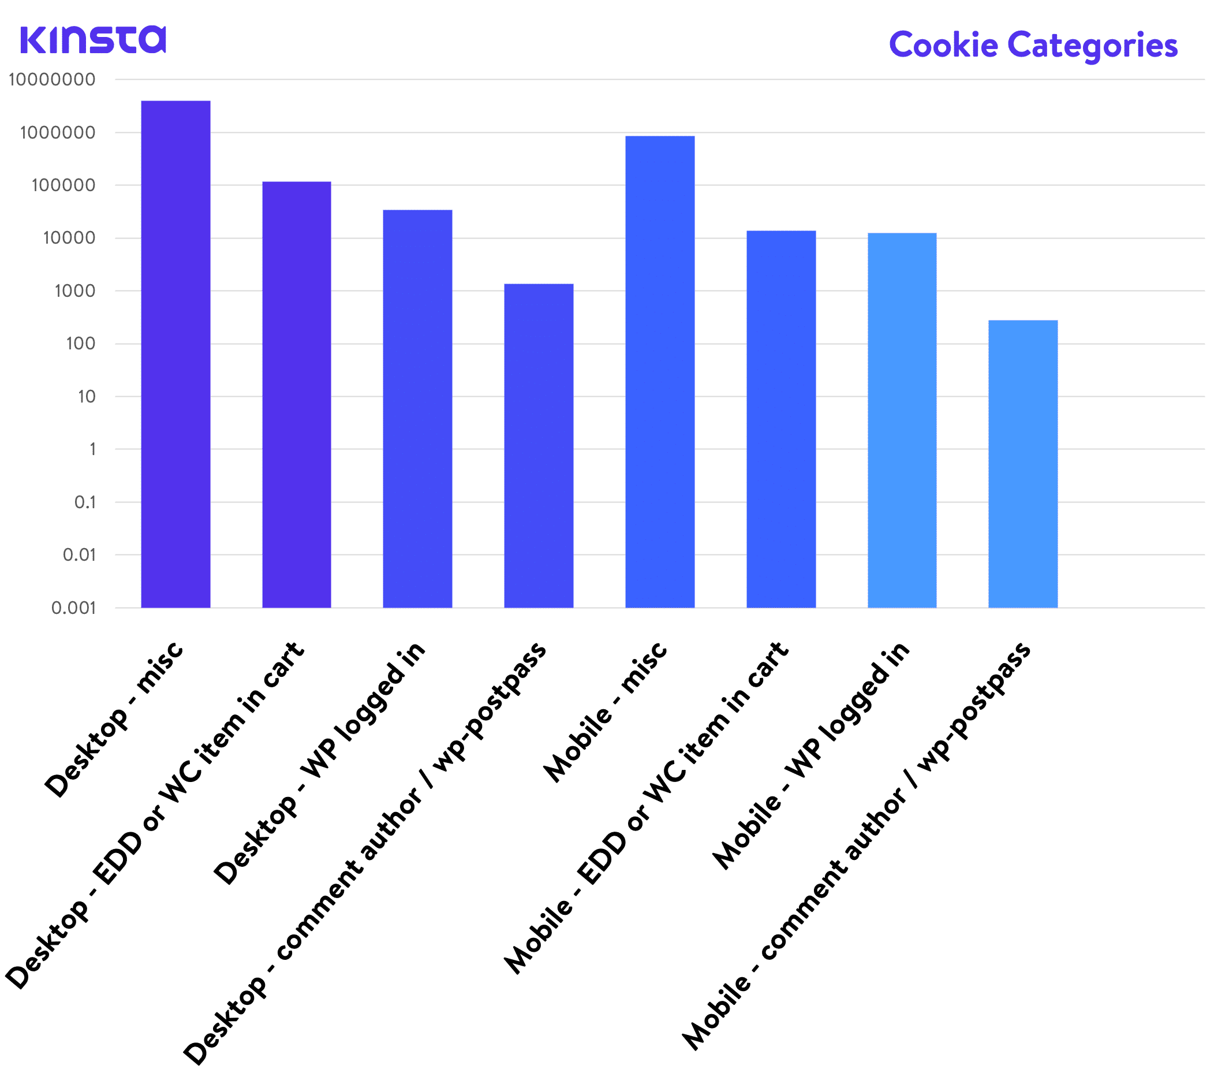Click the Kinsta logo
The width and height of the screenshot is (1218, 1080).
tap(93, 40)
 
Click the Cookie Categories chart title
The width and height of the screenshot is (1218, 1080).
tap(1033, 45)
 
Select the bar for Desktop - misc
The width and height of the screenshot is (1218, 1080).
tap(176, 354)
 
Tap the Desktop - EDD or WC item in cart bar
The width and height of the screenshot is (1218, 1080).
tap(297, 394)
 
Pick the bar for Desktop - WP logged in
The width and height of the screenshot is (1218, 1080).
tap(417, 409)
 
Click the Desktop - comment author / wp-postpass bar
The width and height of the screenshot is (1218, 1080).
tap(539, 446)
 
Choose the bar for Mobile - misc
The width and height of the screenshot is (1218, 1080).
tap(660, 372)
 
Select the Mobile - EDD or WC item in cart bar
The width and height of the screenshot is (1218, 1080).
tap(780, 419)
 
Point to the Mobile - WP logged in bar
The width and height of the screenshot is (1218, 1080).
tap(902, 420)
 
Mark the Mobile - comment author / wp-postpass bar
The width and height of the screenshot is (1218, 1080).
tap(1022, 464)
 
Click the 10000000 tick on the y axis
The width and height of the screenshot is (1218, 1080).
tap(52, 80)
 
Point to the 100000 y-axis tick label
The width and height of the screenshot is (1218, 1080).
tap(63, 185)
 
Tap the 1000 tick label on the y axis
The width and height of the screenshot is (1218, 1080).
tap(74, 291)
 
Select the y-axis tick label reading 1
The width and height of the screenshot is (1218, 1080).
tap(92, 449)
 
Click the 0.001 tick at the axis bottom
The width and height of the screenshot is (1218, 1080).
tap(73, 608)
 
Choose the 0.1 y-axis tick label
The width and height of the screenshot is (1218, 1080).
tap(85, 502)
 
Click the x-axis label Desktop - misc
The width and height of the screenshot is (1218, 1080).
tap(114, 720)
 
